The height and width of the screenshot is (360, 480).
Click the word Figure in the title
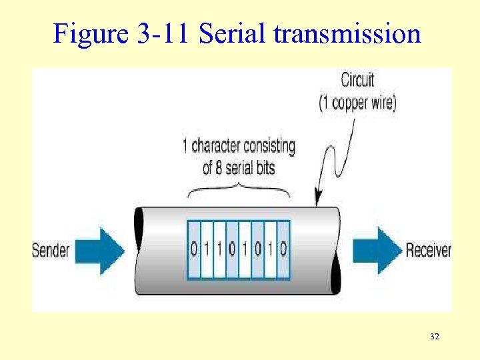[x=85, y=33]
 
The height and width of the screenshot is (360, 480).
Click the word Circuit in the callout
[x=357, y=80]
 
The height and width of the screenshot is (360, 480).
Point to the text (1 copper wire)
[x=357, y=104]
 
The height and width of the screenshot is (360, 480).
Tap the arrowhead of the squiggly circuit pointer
[x=318, y=199]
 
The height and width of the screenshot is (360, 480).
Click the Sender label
[x=51, y=251]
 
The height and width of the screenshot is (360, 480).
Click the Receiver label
[x=428, y=251]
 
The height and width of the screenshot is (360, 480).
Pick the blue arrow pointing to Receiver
[x=377, y=251]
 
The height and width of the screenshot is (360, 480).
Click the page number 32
[x=435, y=337]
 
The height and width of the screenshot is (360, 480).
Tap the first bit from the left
[x=194, y=250]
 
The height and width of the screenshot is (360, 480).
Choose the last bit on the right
[x=283, y=250]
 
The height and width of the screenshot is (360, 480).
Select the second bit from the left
[x=207, y=250]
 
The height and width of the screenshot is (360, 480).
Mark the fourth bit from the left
[x=232, y=250]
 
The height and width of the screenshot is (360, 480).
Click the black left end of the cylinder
[x=139, y=250]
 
